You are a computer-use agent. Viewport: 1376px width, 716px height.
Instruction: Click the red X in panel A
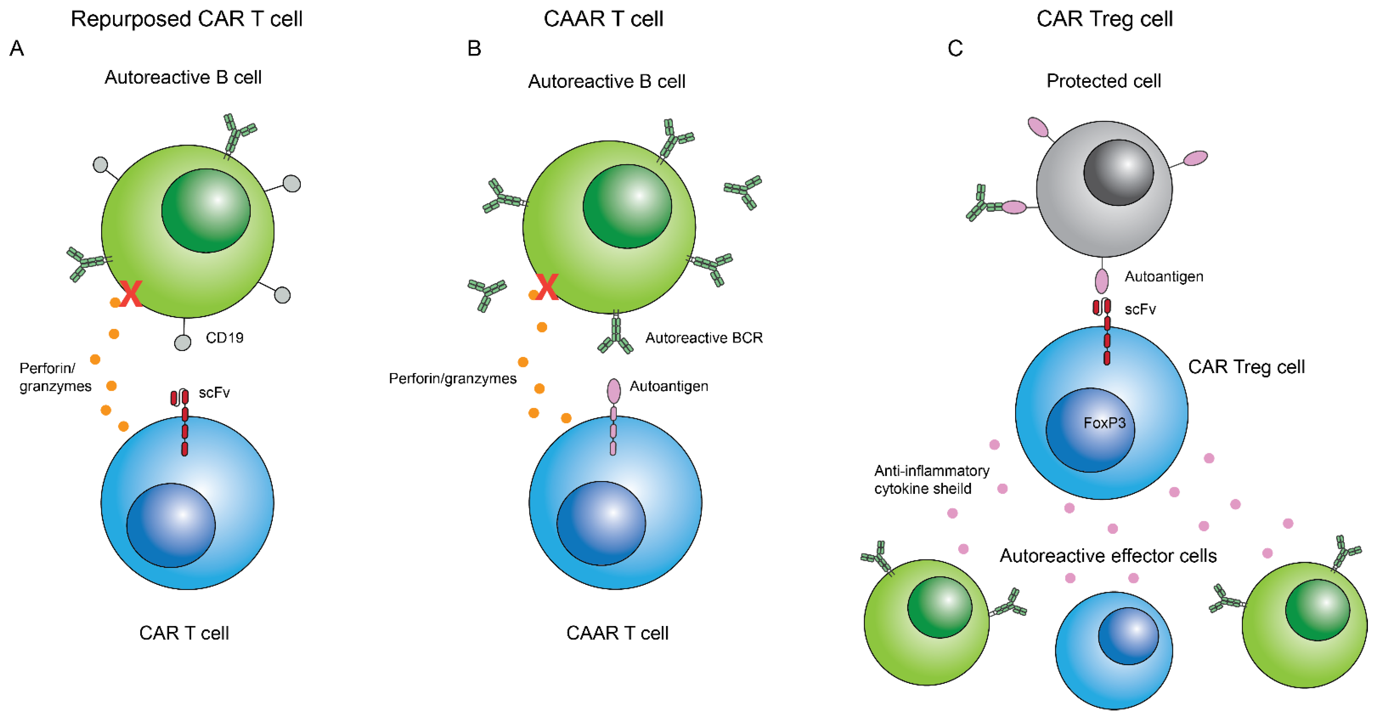pyautogui.click(x=130, y=294)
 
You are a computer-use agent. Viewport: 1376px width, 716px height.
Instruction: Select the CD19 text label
pyautogui.click(x=224, y=338)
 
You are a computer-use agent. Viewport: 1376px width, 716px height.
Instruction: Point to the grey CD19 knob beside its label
pyautogui.click(x=183, y=343)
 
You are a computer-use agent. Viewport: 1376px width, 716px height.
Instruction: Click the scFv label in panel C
pyautogui.click(x=1140, y=309)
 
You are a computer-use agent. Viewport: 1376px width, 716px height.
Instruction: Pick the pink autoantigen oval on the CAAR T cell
pyautogui.click(x=614, y=391)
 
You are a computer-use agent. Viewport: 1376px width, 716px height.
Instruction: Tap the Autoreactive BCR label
pyautogui.click(x=703, y=338)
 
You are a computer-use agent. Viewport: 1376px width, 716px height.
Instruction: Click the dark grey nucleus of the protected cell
pyautogui.click(x=1118, y=173)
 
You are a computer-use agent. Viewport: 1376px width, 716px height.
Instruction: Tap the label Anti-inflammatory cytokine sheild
pyautogui.click(x=931, y=479)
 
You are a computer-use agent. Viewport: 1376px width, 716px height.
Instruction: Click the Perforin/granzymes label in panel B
pyautogui.click(x=452, y=379)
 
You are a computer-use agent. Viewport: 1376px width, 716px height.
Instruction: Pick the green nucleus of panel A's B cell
pyautogui.click(x=206, y=211)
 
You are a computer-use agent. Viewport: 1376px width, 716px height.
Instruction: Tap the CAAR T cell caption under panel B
pyautogui.click(x=617, y=633)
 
